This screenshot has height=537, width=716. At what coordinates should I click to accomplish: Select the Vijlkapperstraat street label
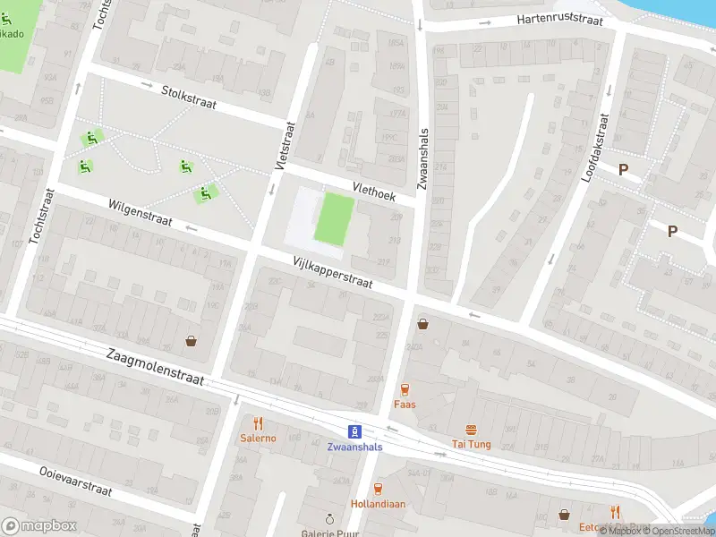pyautogui.click(x=332, y=271)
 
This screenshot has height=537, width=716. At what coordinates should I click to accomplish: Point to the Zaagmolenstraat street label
pyautogui.click(x=154, y=367)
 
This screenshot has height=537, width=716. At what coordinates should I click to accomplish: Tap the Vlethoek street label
pyautogui.click(x=374, y=189)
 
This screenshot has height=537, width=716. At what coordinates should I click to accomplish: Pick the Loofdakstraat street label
pyautogui.click(x=594, y=148)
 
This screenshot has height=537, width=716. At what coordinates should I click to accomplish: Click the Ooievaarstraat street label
pyautogui.click(x=75, y=481)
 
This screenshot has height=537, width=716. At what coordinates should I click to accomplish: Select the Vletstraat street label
pyautogui.click(x=285, y=146)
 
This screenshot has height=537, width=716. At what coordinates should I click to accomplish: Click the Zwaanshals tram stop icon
pyautogui.click(x=354, y=430)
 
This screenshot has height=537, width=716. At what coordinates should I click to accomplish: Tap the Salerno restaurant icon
pyautogui.click(x=258, y=423)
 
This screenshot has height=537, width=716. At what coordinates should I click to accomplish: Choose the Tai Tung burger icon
pyautogui.click(x=470, y=430)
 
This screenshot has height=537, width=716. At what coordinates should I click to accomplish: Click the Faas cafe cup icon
pyautogui.click(x=405, y=389)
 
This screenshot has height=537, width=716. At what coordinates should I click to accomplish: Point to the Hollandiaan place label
pyautogui.click(x=378, y=504)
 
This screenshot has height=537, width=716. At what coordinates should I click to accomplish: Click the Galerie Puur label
pyautogui.click(x=328, y=532)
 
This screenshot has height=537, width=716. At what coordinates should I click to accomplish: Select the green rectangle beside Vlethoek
pyautogui.click(x=333, y=219)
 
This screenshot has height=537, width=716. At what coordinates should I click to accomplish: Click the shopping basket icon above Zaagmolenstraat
pyautogui.click(x=192, y=340)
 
